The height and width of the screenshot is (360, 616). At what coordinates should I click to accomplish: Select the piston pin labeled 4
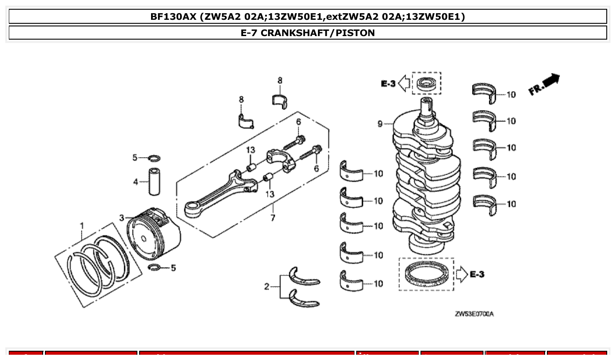pos(154,181)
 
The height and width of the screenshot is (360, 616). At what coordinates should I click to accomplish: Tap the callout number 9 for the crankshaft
pos(380,124)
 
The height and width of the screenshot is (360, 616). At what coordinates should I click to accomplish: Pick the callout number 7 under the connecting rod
pos(273,218)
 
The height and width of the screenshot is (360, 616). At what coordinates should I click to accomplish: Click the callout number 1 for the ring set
pos(82,226)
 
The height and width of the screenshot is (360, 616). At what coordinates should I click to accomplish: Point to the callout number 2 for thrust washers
pos(267,287)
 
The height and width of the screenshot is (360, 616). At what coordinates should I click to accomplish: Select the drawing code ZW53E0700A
pos(474,314)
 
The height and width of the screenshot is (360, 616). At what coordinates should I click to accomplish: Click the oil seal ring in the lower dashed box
pos(426,274)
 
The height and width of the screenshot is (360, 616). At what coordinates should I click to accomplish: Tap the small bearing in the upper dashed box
pos(426,83)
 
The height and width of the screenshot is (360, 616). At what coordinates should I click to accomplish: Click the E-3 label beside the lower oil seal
pos(477,274)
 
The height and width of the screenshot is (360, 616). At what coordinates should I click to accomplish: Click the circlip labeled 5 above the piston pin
pos(154,158)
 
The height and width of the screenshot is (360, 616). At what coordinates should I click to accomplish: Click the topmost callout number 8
pos(280,81)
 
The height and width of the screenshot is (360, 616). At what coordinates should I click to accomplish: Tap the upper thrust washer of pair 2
pos(303,277)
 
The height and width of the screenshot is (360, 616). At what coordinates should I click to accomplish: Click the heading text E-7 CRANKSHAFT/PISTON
pos(308,33)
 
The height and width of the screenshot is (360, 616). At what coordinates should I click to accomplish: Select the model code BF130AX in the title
pos(173,17)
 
